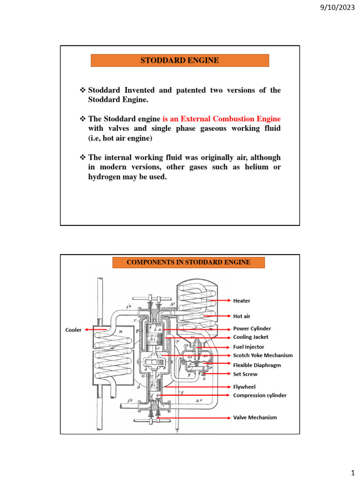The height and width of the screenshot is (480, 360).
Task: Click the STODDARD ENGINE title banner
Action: point(180,60)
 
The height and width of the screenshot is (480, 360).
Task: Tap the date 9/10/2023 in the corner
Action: point(337,7)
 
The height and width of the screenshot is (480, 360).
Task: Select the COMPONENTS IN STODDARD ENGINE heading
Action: point(188,262)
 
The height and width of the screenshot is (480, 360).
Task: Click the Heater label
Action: point(242,300)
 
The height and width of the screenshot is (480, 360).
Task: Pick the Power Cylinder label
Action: point(252,329)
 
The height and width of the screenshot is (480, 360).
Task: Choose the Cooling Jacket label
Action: point(251,337)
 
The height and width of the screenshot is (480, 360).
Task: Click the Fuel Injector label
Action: point(249,347)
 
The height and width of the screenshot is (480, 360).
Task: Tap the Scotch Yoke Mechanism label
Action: point(263,355)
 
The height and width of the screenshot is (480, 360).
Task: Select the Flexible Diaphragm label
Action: point(257,365)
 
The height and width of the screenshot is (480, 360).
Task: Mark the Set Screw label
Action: point(245,374)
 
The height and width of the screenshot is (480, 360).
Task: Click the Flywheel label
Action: point(244,387)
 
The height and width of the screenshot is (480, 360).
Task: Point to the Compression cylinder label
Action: point(260,395)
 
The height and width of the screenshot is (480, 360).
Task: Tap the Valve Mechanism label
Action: point(255,417)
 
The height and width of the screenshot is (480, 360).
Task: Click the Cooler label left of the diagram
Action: point(73,330)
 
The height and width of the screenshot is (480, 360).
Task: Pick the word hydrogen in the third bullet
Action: point(105,177)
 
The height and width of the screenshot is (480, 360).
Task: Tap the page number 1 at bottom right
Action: point(351,470)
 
